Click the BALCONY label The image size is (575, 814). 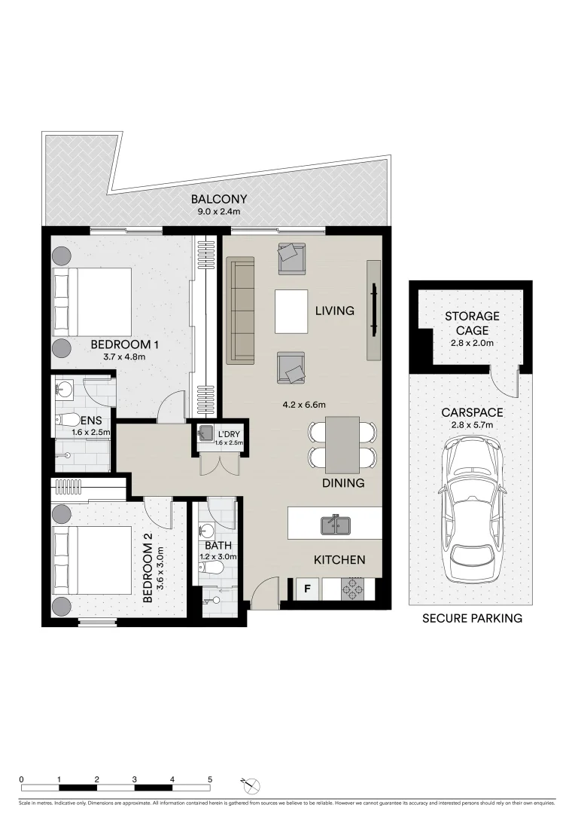[218, 200]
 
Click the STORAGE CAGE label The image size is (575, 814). [471, 323]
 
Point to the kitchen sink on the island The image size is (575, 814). [334, 524]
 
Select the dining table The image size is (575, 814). [342, 444]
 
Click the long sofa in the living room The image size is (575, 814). [242, 310]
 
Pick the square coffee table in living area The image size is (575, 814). [291, 311]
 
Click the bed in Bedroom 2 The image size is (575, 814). [90, 560]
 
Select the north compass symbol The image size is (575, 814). [254, 785]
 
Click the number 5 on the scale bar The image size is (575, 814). [210, 779]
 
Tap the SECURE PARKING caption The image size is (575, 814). [471, 619]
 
